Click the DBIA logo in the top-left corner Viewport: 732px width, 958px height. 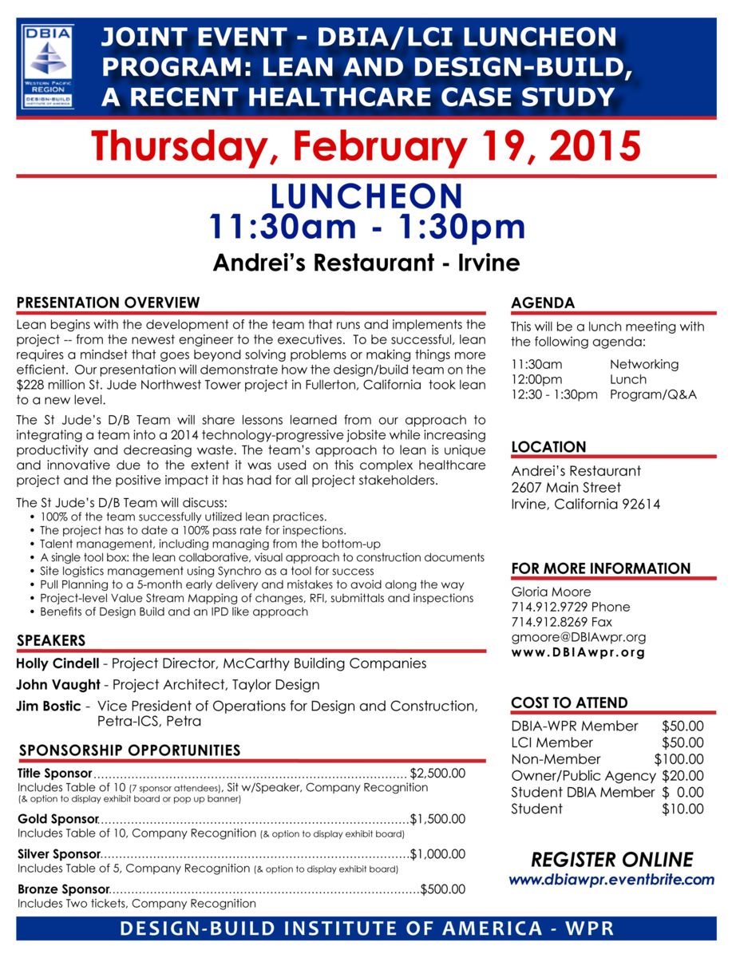click(x=49, y=66)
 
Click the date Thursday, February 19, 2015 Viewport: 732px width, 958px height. click(x=366, y=147)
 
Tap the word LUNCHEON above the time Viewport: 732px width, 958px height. click(x=366, y=196)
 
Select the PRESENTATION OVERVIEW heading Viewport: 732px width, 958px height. click(x=108, y=303)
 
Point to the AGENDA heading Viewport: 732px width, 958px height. click(x=543, y=303)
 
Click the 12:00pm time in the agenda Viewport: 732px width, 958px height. click(x=536, y=379)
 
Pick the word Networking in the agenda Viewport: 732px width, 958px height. click(x=643, y=364)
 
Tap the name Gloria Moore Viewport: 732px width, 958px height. click(x=551, y=592)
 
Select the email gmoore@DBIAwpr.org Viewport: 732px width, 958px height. click(x=579, y=637)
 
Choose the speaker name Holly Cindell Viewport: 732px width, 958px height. click(x=57, y=663)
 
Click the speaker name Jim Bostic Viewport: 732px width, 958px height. click(x=48, y=706)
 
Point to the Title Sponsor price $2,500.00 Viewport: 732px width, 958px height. click(x=437, y=773)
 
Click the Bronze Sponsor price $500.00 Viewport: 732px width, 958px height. click(x=443, y=889)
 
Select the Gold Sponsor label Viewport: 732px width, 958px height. click(x=57, y=819)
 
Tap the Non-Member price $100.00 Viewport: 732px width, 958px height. click(x=679, y=759)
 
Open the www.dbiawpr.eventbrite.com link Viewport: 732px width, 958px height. click(x=611, y=880)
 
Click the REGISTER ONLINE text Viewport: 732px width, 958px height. click(x=611, y=859)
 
